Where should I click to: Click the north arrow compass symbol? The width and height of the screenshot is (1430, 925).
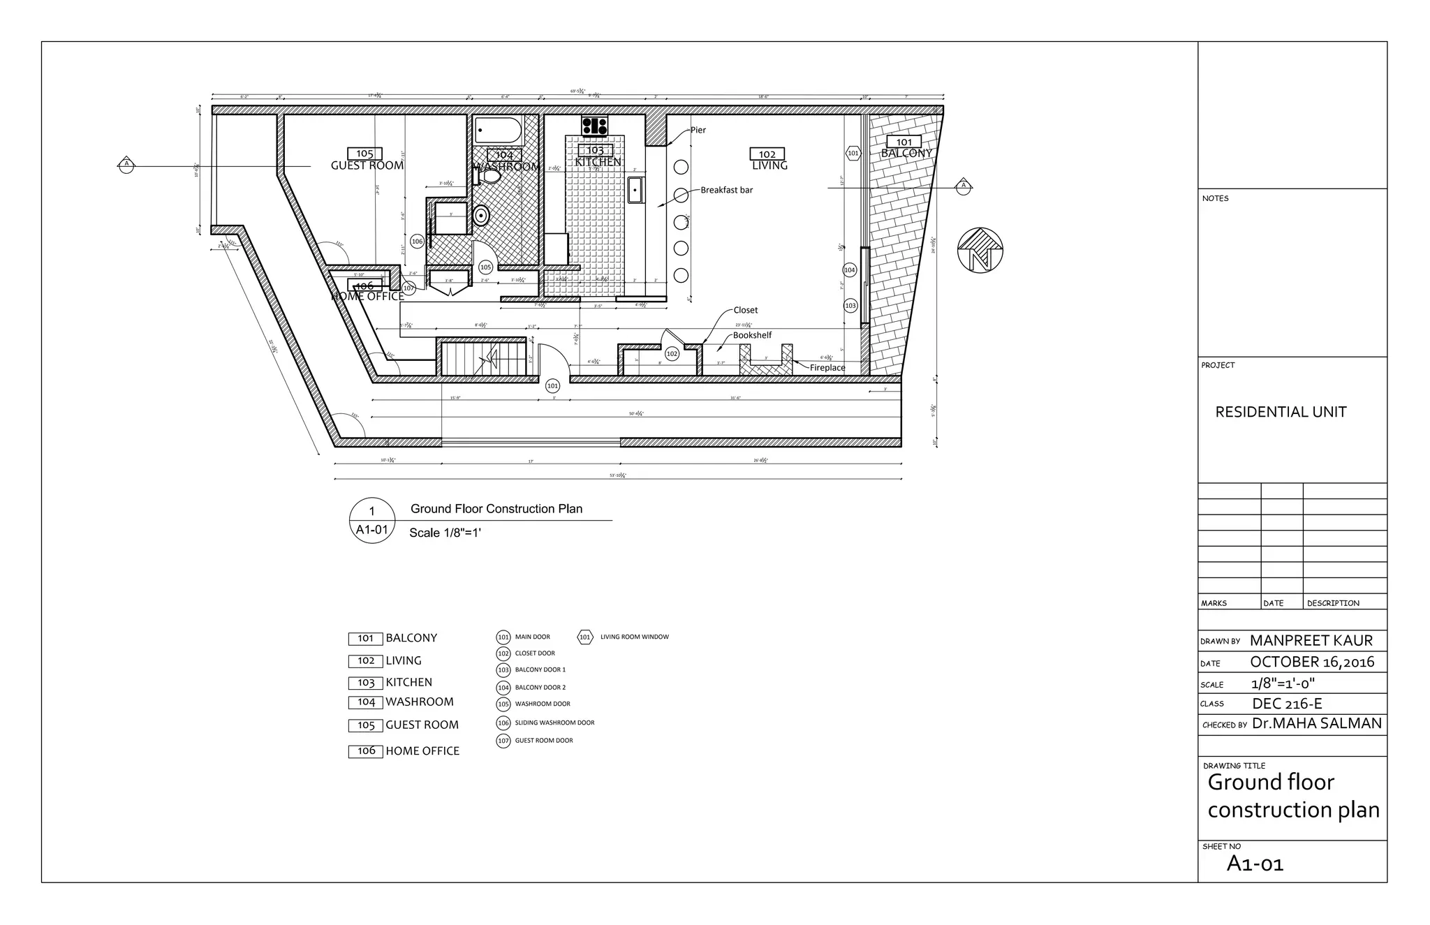point(980,250)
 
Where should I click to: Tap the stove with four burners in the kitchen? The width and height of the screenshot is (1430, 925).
point(595,126)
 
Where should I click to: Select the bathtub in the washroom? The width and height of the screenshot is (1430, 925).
point(498,131)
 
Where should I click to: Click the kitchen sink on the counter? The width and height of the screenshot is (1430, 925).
point(635,190)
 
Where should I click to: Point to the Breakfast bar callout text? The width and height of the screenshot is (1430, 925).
point(726,190)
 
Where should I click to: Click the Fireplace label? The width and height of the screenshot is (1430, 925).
point(827,368)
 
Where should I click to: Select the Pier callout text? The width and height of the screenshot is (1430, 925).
point(698,130)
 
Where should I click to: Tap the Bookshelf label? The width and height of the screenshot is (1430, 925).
point(752,335)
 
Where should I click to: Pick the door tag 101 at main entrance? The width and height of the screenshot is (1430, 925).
point(552,385)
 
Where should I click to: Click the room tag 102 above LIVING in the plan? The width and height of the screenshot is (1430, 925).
point(767,154)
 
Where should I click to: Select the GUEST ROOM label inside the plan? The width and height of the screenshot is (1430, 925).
point(367,165)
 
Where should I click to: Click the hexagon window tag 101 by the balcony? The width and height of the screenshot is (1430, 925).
point(853,153)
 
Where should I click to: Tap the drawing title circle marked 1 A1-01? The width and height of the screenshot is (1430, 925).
point(371,521)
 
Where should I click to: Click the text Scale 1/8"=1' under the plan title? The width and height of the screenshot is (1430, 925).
point(445,533)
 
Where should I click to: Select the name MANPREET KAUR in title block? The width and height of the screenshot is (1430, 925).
point(1311,641)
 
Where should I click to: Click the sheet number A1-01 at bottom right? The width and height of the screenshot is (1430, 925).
point(1255,864)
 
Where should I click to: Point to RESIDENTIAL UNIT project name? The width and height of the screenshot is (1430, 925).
point(1281,412)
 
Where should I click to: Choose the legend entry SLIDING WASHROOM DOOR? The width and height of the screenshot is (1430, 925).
point(554,723)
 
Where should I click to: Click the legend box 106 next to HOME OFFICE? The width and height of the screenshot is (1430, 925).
point(366,751)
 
